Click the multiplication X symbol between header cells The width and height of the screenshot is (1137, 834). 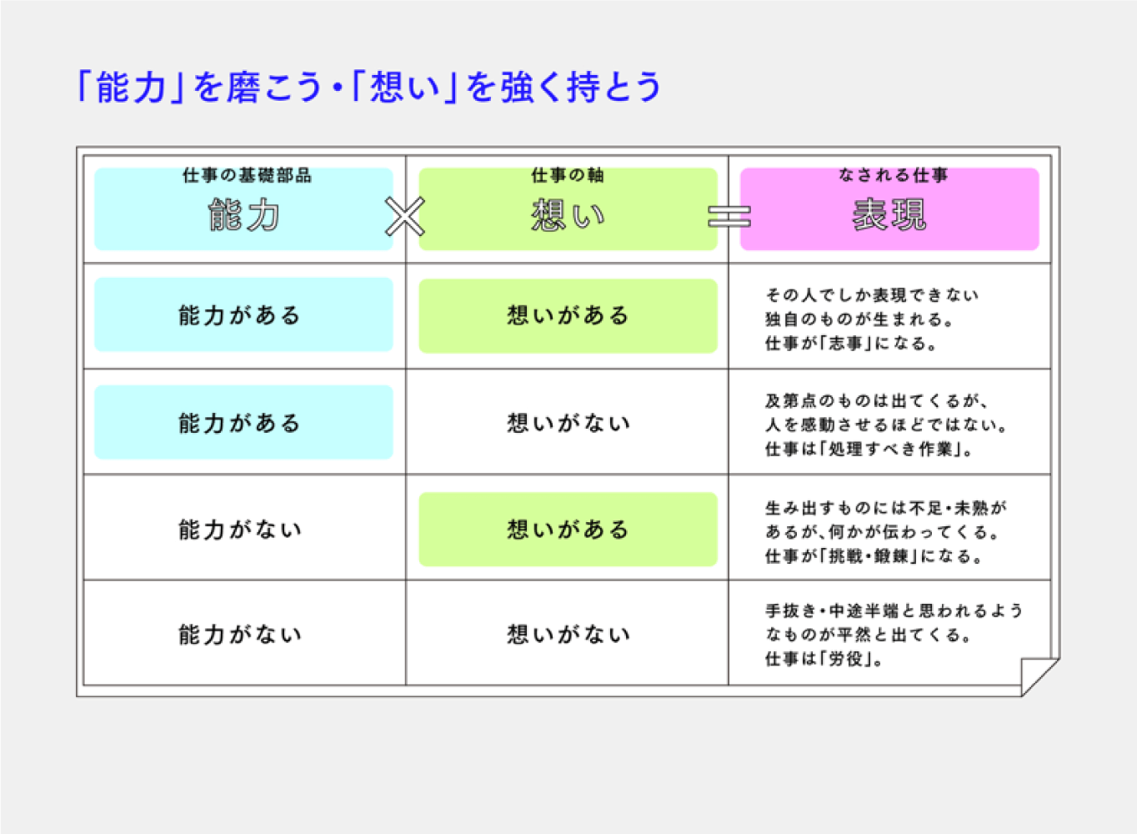coord(404,216)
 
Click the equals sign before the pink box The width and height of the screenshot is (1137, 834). coord(729,216)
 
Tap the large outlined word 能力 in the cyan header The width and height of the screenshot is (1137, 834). coord(243,215)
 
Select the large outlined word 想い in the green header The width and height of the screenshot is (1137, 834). coord(568,215)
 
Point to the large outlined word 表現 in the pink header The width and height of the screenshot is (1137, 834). coord(889,215)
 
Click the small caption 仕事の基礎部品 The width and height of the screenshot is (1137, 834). coord(248,176)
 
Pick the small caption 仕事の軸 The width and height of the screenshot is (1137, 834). coord(568,176)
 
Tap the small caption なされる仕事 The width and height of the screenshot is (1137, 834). coord(893,175)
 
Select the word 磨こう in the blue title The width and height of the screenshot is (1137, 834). coord(274,88)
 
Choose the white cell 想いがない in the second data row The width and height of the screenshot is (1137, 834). coord(568,423)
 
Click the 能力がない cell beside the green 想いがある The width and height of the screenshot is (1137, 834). coord(240,530)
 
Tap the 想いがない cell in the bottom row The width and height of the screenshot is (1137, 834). coord(568,635)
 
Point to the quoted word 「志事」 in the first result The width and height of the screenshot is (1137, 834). coord(846,344)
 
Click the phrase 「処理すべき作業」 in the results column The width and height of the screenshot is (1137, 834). coord(889,449)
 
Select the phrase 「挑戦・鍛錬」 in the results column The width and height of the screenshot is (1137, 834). coord(869,556)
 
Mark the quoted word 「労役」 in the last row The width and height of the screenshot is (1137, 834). coord(845,659)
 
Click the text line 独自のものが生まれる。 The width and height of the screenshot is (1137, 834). coord(859,319)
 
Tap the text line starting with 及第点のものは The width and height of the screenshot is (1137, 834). coord(877,401)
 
